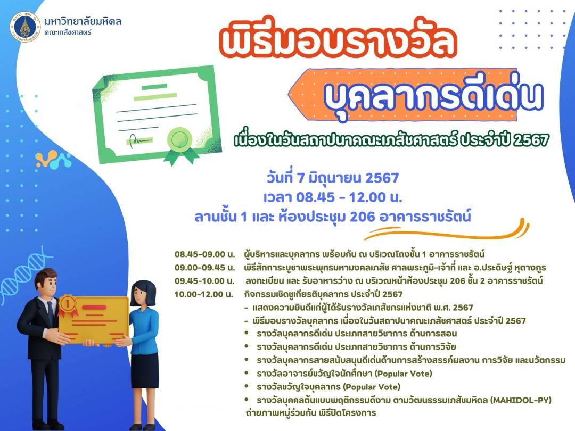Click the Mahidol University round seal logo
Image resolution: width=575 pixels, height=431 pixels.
(x=24, y=26)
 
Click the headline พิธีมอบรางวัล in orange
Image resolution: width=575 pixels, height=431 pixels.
(x=338, y=40)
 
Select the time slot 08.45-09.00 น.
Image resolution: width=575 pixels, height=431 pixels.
(x=204, y=254)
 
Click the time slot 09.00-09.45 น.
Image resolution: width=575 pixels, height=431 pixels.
(x=204, y=268)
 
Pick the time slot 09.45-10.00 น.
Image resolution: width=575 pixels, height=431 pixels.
(x=204, y=281)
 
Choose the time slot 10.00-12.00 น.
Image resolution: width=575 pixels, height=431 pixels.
(x=203, y=294)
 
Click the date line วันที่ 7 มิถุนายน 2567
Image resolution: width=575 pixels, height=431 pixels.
(x=333, y=178)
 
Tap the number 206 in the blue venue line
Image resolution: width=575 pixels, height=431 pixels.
(x=363, y=217)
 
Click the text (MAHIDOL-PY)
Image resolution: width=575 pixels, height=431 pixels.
(x=521, y=400)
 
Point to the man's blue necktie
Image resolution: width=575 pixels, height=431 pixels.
(x=50, y=314)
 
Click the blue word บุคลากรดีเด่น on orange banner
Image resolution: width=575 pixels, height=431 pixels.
(x=433, y=96)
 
